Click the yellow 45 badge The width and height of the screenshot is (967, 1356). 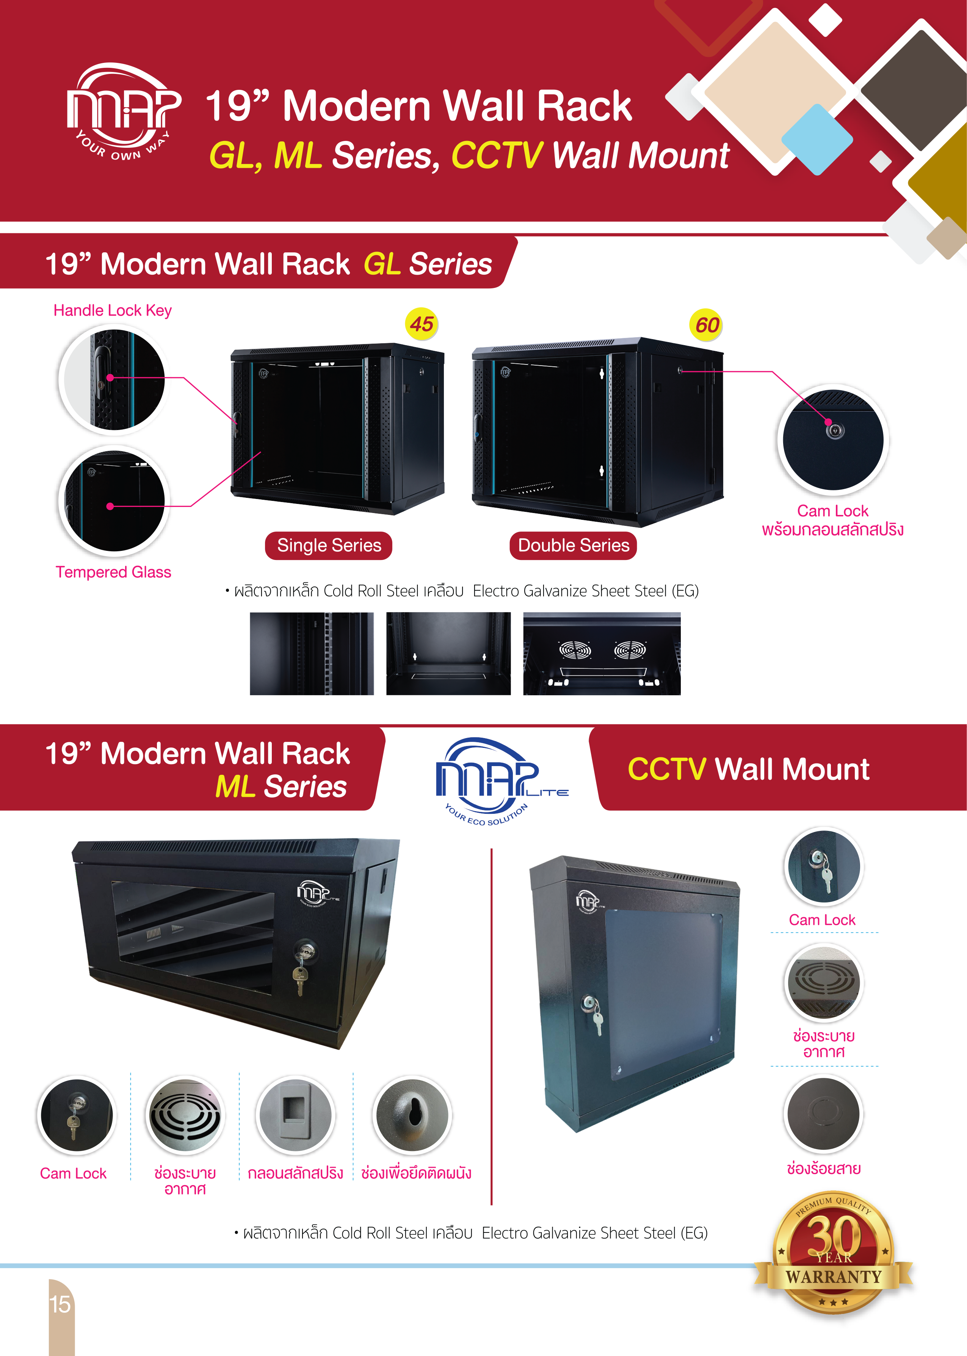pos(422,324)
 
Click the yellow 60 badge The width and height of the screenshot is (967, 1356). pos(706,325)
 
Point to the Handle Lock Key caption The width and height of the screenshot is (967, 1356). pos(113,311)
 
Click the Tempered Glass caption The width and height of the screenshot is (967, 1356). pos(113,572)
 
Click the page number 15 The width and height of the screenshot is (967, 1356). pos(60,1304)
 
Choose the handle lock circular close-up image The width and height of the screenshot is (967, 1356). pos(113,379)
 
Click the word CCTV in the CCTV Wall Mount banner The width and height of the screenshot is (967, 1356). pos(666,769)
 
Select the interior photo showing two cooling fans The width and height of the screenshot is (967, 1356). pos(602,653)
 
